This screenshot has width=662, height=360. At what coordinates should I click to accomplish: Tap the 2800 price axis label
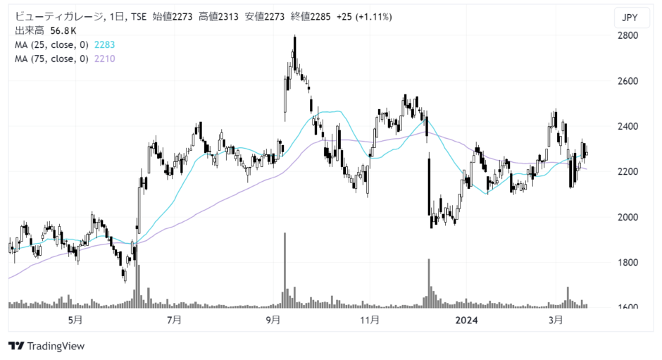627,35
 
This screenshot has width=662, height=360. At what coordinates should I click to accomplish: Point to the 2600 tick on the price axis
627,81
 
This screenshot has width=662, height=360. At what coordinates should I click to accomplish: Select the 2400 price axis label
627,126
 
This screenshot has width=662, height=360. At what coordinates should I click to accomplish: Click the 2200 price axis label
627,172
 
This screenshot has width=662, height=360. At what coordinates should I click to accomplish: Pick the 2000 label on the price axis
627,217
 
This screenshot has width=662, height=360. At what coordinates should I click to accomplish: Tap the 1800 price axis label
627,262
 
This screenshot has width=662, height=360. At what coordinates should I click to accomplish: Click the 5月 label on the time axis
75,320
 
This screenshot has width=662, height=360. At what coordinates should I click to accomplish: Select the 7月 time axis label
174,320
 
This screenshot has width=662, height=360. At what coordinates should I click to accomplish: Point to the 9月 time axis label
273,320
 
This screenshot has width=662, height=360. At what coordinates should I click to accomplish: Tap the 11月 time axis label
370,320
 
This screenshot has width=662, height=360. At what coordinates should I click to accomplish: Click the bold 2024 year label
466,321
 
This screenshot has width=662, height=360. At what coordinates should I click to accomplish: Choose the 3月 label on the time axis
556,320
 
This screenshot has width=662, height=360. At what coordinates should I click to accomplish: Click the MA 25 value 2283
104,45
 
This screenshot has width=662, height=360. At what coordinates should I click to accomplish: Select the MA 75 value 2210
104,58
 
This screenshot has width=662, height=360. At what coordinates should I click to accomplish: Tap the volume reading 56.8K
63,31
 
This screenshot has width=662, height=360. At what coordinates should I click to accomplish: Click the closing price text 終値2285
311,17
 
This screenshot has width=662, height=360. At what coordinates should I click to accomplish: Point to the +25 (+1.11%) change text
364,17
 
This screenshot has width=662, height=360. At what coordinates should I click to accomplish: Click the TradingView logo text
56,347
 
